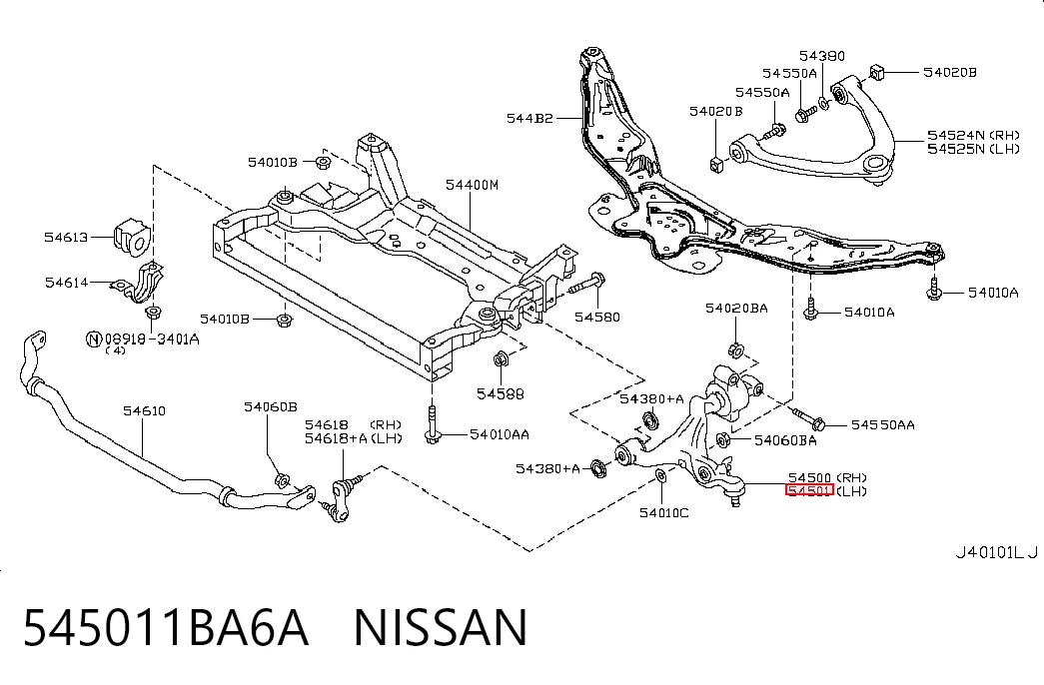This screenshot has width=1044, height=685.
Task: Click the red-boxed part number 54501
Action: pyautogui.click(x=809, y=490)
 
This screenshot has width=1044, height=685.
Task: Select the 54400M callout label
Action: pyautogui.click(x=473, y=185)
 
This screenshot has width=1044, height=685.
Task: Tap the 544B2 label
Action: pyautogui.click(x=529, y=119)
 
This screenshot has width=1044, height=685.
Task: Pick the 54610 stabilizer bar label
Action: pyautogui.click(x=145, y=410)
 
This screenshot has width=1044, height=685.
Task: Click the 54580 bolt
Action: pyautogui.click(x=586, y=285)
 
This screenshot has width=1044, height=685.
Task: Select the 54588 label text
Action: pyautogui.click(x=501, y=394)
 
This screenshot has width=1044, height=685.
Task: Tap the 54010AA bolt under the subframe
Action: pyautogui.click(x=433, y=424)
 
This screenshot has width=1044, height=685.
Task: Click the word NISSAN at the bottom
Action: pyautogui.click(x=441, y=627)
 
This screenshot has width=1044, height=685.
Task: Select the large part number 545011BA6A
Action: pyautogui.click(x=166, y=627)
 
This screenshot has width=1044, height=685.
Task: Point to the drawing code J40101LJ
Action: pyautogui.click(x=997, y=552)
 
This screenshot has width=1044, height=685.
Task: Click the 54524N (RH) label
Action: pyautogui.click(x=973, y=135)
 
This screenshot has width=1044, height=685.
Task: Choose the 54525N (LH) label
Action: pyautogui.click(x=973, y=149)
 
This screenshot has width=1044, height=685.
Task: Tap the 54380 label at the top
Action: pyautogui.click(x=822, y=56)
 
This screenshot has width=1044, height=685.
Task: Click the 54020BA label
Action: pyautogui.click(x=736, y=309)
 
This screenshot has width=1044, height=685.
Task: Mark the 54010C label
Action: pyautogui.click(x=663, y=512)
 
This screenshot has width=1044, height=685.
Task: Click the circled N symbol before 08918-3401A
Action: pyautogui.click(x=95, y=340)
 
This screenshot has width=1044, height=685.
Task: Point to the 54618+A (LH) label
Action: pyautogui.click(x=354, y=438)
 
